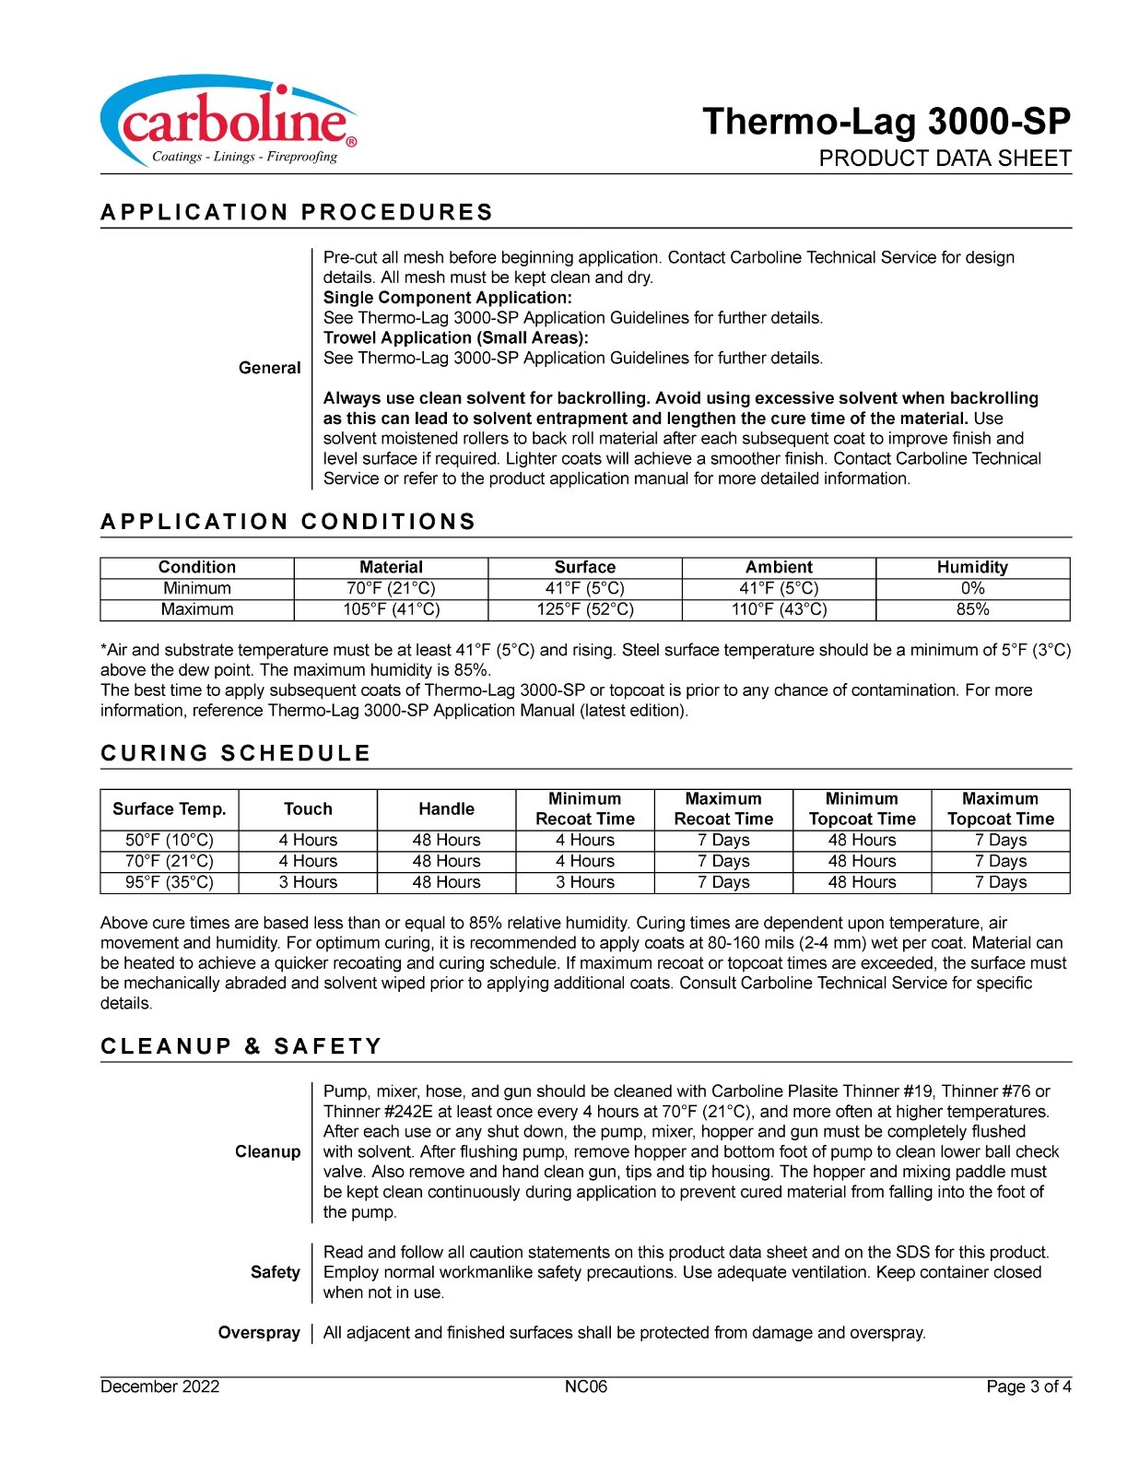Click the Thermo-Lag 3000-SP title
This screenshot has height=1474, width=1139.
pyautogui.click(x=886, y=122)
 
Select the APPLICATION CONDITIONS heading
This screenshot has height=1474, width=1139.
pyautogui.click(x=288, y=522)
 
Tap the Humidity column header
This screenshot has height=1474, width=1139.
pyautogui.click(x=972, y=567)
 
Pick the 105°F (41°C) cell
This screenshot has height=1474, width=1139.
pyautogui.click(x=391, y=609)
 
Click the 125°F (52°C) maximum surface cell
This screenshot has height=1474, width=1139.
pyautogui.click(x=585, y=609)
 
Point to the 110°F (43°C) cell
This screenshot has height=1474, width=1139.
pyautogui.click(x=779, y=609)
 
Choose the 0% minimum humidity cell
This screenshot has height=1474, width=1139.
pyautogui.click(x=972, y=588)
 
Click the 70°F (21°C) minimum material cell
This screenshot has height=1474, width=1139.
pyautogui.click(x=391, y=588)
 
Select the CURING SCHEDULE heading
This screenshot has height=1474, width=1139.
pyautogui.click(x=235, y=753)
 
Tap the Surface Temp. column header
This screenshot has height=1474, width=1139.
pyautogui.click(x=170, y=809)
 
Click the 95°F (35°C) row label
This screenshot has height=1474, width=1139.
pyautogui.click(x=170, y=882)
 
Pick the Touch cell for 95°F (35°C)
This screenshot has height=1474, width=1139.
pyautogui.click(x=308, y=882)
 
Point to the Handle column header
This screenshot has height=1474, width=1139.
pyautogui.click(x=446, y=809)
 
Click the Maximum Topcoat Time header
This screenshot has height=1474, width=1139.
pyautogui.click(x=1000, y=809)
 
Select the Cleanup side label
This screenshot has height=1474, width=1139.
pyautogui.click(x=267, y=1151)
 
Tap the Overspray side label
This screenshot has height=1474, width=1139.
pyautogui.click(x=259, y=1333)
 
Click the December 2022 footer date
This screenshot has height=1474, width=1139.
pyautogui.click(x=160, y=1387)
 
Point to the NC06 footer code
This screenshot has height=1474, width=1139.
pyautogui.click(x=586, y=1387)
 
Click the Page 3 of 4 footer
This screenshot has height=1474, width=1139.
pyautogui.click(x=1028, y=1387)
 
